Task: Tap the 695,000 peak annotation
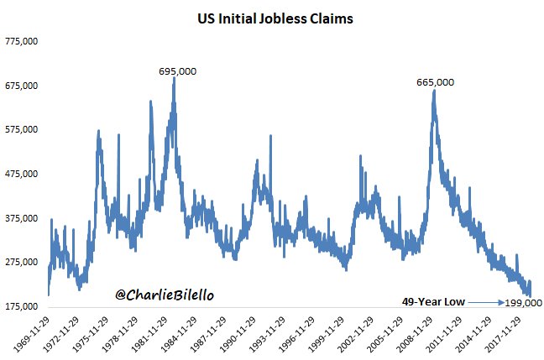(177, 71)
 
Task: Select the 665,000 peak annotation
(435, 82)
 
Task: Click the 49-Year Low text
(429, 301)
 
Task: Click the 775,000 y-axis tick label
(24, 42)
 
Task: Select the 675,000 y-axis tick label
(24, 86)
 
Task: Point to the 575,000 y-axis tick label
(24, 130)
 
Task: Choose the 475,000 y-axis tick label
(24, 174)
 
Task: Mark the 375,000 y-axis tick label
(24, 218)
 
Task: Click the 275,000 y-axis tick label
(24, 262)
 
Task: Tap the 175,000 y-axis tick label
(24, 305)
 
